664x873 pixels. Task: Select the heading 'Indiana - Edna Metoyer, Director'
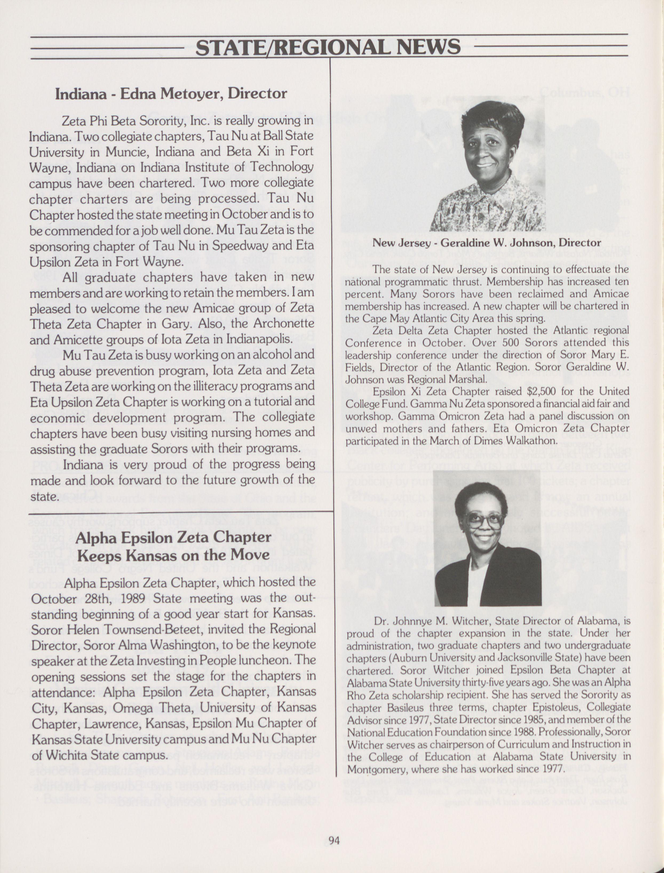point(171,94)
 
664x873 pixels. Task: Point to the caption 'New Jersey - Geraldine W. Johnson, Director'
point(487,243)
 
